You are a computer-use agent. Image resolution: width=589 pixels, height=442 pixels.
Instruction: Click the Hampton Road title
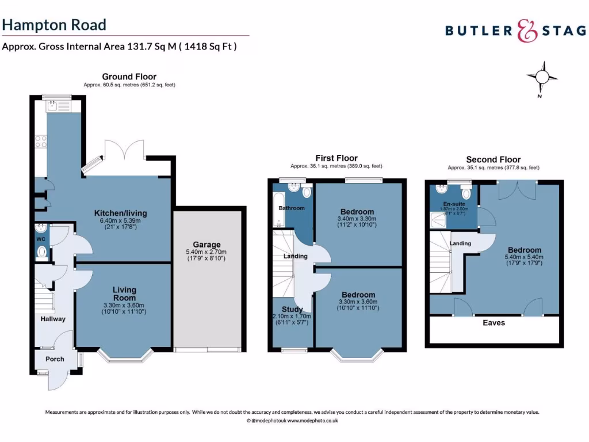tap(54, 25)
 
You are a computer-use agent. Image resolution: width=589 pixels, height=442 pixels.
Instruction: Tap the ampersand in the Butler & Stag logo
tap(527, 31)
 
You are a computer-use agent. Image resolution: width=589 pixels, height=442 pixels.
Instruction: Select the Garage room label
tap(206, 245)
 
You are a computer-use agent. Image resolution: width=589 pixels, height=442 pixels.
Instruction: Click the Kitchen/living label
tap(120, 213)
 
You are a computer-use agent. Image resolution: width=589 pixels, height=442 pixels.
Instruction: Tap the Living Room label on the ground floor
tap(124, 294)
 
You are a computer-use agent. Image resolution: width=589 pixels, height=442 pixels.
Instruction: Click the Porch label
tap(55, 359)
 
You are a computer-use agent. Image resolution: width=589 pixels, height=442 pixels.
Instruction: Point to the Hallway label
tap(53, 319)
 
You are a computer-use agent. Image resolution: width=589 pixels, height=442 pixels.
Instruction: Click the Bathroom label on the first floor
tap(292, 208)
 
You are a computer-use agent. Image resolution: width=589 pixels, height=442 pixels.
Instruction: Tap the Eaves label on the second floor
tap(494, 323)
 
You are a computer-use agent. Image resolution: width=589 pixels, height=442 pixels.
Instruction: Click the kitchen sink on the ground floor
tap(53, 105)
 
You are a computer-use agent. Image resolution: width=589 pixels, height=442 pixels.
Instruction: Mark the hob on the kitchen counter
tap(41, 141)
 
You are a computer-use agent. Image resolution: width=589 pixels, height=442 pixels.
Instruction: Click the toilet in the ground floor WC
tap(41, 252)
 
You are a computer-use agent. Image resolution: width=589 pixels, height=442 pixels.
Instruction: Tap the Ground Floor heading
tap(129, 77)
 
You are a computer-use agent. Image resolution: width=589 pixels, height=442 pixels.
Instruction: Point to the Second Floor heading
tap(493, 159)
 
